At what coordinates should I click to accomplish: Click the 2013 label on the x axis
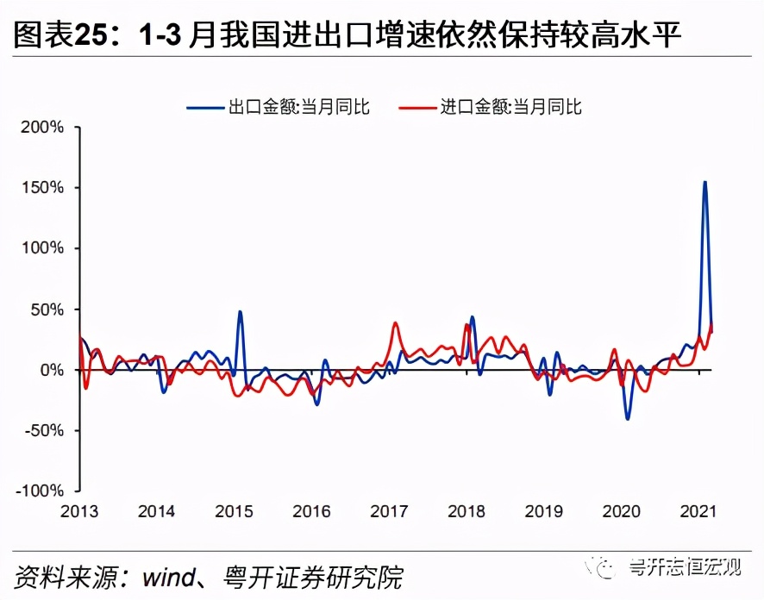(79, 511)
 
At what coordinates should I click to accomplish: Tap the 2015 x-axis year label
(234, 511)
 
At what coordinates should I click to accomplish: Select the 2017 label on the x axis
(389, 511)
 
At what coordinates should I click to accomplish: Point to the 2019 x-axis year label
(543, 511)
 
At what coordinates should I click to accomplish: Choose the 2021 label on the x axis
(698, 511)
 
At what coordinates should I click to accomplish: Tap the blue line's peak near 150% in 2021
(705, 182)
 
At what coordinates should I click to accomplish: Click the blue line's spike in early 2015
(239, 311)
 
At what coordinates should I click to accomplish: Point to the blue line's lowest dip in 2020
(627, 419)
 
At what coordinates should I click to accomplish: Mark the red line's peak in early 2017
(395, 323)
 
